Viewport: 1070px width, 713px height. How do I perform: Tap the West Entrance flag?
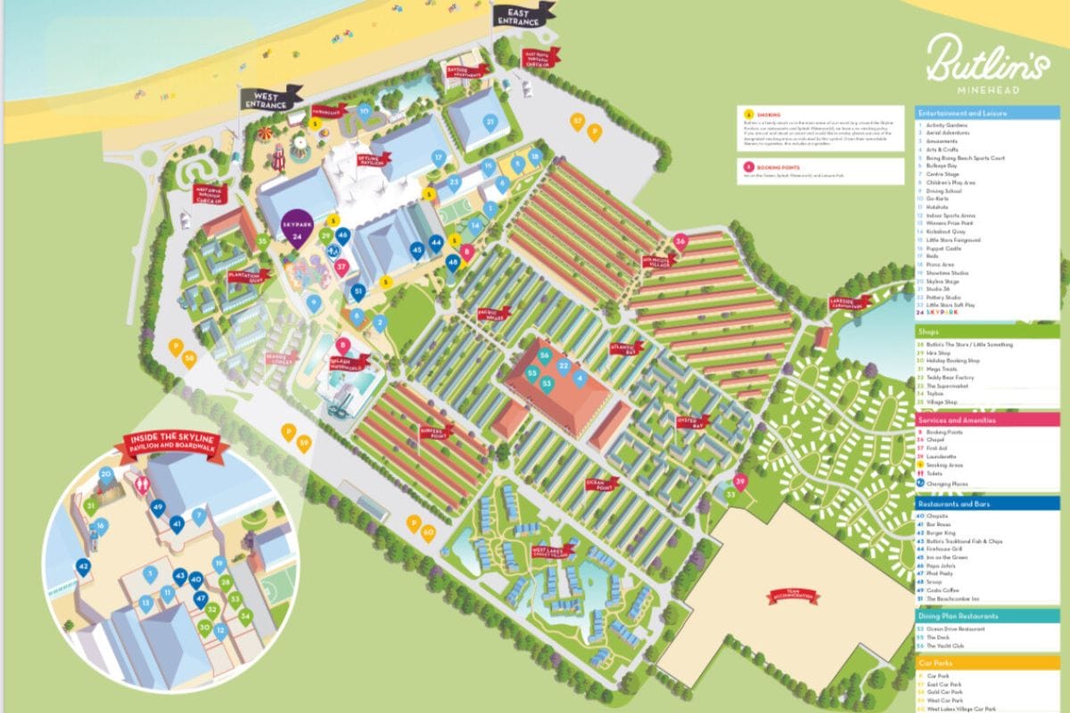pos(269,98)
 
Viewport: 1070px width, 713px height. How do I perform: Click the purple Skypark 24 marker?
pos(296,231)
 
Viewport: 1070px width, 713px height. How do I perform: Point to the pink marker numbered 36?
pos(680,242)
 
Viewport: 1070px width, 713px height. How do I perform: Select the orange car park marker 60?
pos(428,532)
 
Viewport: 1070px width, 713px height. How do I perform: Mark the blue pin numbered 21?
pos(490,122)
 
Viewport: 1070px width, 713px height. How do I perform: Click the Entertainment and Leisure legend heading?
pos(986,112)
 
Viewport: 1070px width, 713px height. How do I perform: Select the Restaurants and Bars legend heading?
pos(986,504)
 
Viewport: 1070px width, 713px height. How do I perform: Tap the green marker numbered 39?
pos(739,481)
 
